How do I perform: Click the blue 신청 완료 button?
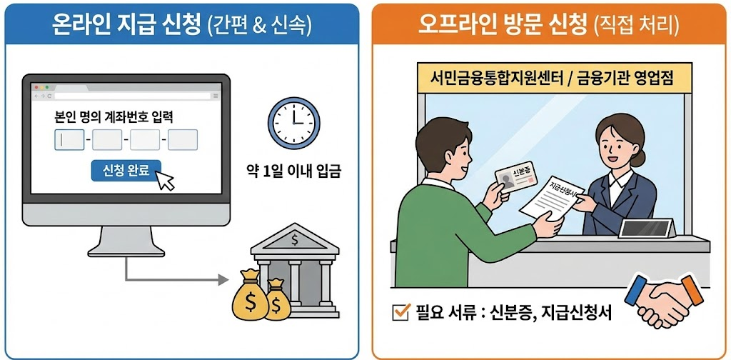click(126, 171)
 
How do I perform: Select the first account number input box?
click(69, 139)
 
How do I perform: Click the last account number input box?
click(183, 139)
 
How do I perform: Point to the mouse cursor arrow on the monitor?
click(166, 181)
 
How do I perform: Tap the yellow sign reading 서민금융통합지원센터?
click(553, 75)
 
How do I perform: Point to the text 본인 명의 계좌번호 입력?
click(114, 116)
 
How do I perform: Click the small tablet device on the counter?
click(647, 228)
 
